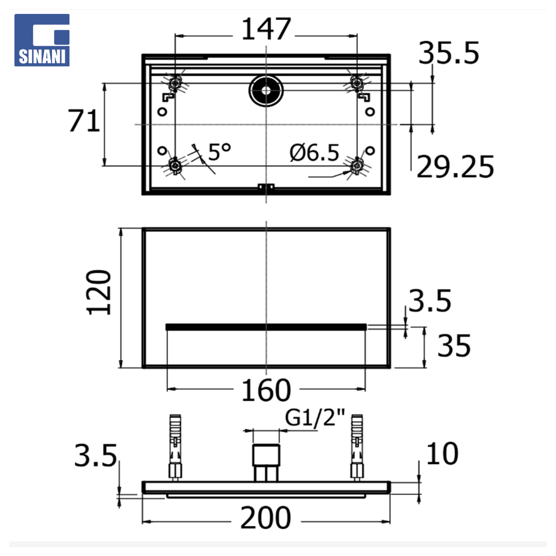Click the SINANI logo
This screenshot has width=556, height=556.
click(42, 40)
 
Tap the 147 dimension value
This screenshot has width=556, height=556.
click(266, 29)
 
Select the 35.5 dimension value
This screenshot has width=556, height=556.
click(448, 53)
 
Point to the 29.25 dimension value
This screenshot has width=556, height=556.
click(455, 167)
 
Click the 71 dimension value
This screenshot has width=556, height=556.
click(84, 121)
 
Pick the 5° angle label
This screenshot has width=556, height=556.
click(219, 152)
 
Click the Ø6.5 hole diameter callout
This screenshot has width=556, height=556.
click(314, 152)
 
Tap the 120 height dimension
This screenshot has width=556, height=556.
click(99, 292)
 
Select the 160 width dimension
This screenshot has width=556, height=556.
click(266, 390)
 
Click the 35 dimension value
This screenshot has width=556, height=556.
click(454, 345)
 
